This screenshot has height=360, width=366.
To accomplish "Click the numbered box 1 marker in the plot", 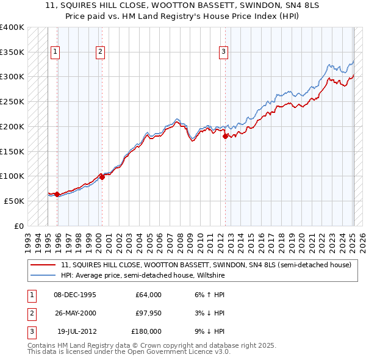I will (x=55, y=52).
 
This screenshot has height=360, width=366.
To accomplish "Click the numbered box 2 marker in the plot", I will (x=99, y=52).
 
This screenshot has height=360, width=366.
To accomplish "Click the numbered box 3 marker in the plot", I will (x=224, y=52).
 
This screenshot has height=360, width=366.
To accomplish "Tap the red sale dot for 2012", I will (x=225, y=137).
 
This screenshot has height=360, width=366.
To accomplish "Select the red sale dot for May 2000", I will (x=102, y=177).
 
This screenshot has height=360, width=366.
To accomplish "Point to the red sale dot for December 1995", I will (x=57, y=194).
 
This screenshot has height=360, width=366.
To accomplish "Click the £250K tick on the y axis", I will (x=12, y=101).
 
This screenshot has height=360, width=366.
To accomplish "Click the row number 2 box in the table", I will (x=30, y=313).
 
